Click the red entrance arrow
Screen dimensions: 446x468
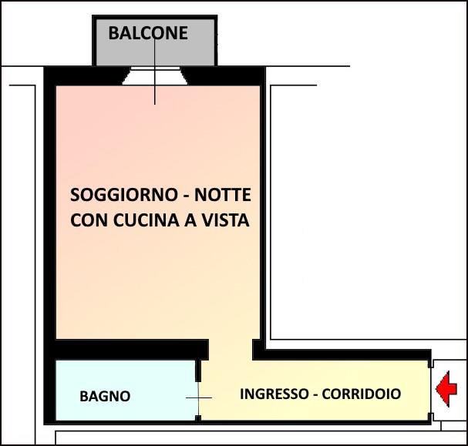tap(446, 389)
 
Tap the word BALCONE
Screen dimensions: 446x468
tap(147, 33)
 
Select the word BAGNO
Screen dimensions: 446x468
tap(105, 397)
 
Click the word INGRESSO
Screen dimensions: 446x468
tap(274, 394)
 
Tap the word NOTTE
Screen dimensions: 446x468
tap(223, 194)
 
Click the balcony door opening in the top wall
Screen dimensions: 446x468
tap(154, 75)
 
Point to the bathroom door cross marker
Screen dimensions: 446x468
tap(198, 397)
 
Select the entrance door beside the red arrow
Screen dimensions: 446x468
tap(431, 390)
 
